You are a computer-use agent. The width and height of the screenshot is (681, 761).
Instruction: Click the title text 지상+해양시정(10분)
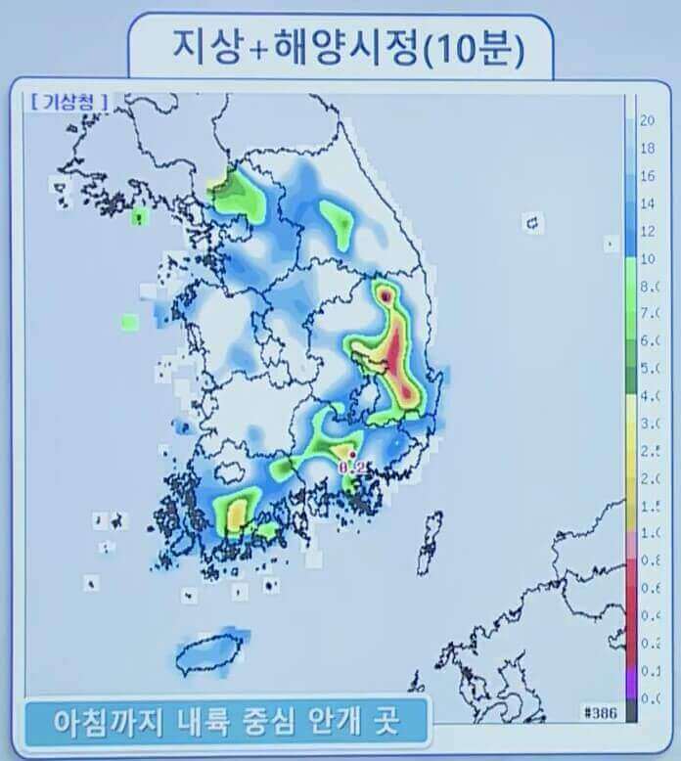coord(341,46)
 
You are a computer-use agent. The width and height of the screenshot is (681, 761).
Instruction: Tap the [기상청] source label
coord(69,100)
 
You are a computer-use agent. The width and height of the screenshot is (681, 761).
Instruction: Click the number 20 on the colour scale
coord(647,121)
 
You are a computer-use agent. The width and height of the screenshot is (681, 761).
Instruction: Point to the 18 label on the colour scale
coord(647,149)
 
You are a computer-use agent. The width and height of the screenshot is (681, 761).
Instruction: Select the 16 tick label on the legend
coord(647,177)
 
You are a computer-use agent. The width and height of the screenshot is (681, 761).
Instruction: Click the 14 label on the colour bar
coord(647,204)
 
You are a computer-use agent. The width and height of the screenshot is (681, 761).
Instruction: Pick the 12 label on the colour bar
coord(647,232)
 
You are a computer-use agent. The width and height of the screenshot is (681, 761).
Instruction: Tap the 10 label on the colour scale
coord(647,259)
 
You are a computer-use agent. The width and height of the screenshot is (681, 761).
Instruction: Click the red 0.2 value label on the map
coord(351,468)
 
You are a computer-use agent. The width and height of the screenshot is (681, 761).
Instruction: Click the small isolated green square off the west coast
coord(130,321)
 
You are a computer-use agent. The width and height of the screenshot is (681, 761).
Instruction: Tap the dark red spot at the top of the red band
coord(386,292)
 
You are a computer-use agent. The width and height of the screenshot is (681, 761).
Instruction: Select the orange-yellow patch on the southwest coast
coord(236,512)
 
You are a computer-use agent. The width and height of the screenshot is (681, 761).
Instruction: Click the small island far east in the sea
coord(534,223)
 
